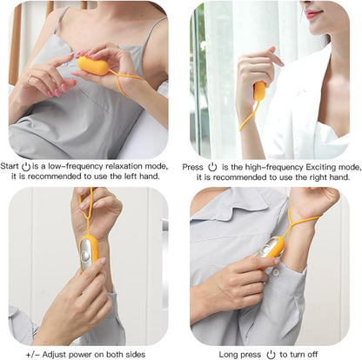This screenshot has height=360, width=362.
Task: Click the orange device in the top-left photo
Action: [x=92, y=65]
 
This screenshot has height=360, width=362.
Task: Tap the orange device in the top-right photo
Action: [x=259, y=90]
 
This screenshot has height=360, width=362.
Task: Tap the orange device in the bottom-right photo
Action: [x=274, y=247]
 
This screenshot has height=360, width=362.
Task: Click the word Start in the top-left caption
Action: [x=10, y=165]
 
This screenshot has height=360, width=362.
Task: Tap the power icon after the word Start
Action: [x=26, y=165]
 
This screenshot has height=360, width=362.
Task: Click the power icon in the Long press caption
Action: [x=271, y=354]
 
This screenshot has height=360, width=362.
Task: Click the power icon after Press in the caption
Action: [x=212, y=165]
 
